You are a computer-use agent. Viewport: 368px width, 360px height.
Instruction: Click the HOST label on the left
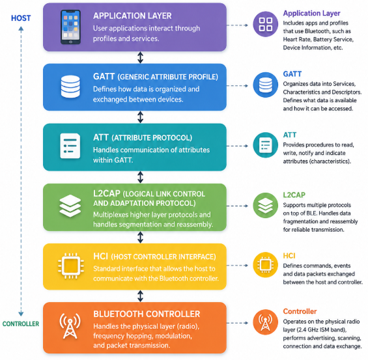click(21, 18)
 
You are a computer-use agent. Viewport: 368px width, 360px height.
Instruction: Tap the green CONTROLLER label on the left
click(21, 324)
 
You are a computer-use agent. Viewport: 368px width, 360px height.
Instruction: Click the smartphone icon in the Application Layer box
click(70, 27)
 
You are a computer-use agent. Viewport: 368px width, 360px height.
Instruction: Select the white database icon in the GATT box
click(70, 87)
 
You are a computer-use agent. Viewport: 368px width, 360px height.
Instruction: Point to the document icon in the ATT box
click(70, 146)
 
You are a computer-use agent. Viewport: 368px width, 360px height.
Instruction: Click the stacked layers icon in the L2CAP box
click(70, 206)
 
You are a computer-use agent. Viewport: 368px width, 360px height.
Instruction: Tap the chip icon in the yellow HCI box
click(71, 266)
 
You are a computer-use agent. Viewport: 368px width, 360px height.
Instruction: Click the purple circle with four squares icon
click(266, 24)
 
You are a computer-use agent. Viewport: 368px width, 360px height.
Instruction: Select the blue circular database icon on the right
click(266, 85)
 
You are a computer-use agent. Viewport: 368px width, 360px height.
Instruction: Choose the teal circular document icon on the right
click(266, 145)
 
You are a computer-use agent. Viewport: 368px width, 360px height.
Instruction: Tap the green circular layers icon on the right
click(266, 205)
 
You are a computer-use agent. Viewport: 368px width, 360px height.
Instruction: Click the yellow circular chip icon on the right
click(266, 265)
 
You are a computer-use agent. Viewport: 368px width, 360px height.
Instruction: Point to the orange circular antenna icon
click(266, 322)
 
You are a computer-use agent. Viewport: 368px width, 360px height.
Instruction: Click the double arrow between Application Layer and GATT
click(140, 57)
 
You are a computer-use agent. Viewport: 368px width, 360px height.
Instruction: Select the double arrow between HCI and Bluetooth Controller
click(140, 296)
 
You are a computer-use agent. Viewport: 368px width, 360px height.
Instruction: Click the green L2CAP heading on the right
click(294, 195)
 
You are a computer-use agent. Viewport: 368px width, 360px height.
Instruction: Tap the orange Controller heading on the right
click(300, 311)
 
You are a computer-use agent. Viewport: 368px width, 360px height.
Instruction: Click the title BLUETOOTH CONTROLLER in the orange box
click(147, 314)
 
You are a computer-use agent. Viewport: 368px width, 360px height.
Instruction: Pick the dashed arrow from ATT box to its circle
click(237, 146)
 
